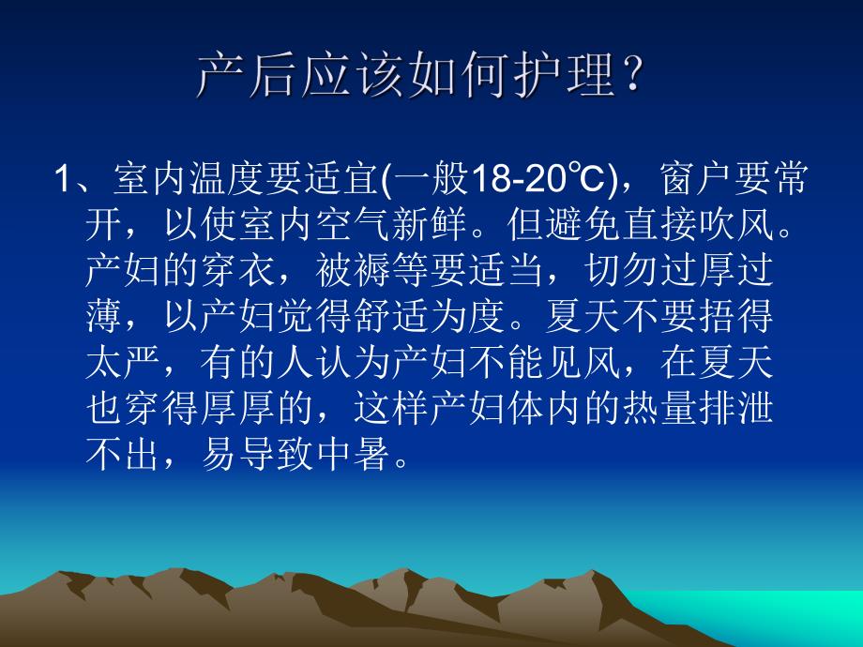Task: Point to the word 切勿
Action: click(620, 272)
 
